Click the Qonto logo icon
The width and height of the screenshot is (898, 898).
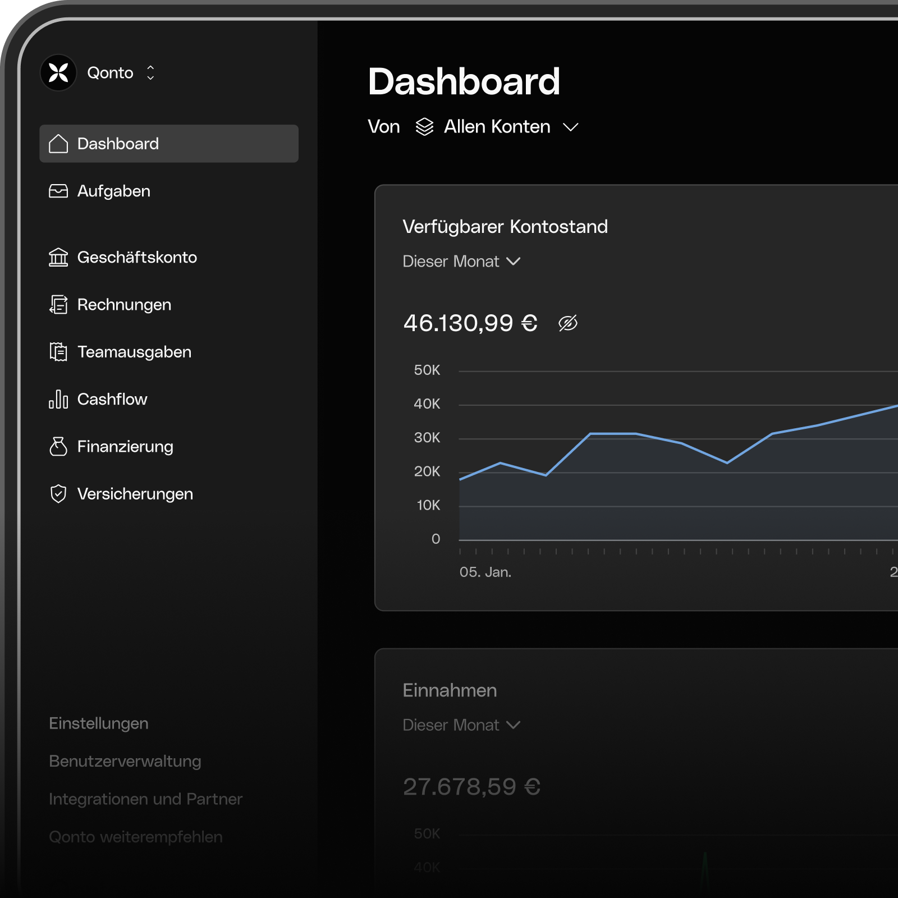[58, 72]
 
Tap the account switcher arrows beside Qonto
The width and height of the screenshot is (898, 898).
[150, 72]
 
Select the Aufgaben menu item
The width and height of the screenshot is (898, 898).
[113, 191]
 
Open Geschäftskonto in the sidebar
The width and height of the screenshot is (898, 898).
[136, 258]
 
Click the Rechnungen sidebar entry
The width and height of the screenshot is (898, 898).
[123, 305]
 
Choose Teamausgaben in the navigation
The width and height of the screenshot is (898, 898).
[134, 352]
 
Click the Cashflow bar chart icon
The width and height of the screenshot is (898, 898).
[58, 399]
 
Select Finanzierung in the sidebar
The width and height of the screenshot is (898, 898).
[125, 447]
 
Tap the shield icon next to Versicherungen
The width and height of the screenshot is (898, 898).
[58, 494]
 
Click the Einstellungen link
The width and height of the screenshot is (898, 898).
[99, 723]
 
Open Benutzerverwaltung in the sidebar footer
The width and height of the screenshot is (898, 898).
[125, 761]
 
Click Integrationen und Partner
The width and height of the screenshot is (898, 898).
[145, 799]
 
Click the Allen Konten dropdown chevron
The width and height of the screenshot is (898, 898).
[571, 127]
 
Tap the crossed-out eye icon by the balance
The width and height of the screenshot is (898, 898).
[567, 323]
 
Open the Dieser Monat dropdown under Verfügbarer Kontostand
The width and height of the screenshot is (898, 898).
[461, 262]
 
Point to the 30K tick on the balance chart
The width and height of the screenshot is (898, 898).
[427, 438]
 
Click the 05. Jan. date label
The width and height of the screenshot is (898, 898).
[485, 572]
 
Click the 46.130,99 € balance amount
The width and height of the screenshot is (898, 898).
[470, 323]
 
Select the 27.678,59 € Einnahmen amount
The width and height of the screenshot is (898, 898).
[471, 787]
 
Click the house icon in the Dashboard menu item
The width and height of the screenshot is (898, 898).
[58, 144]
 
